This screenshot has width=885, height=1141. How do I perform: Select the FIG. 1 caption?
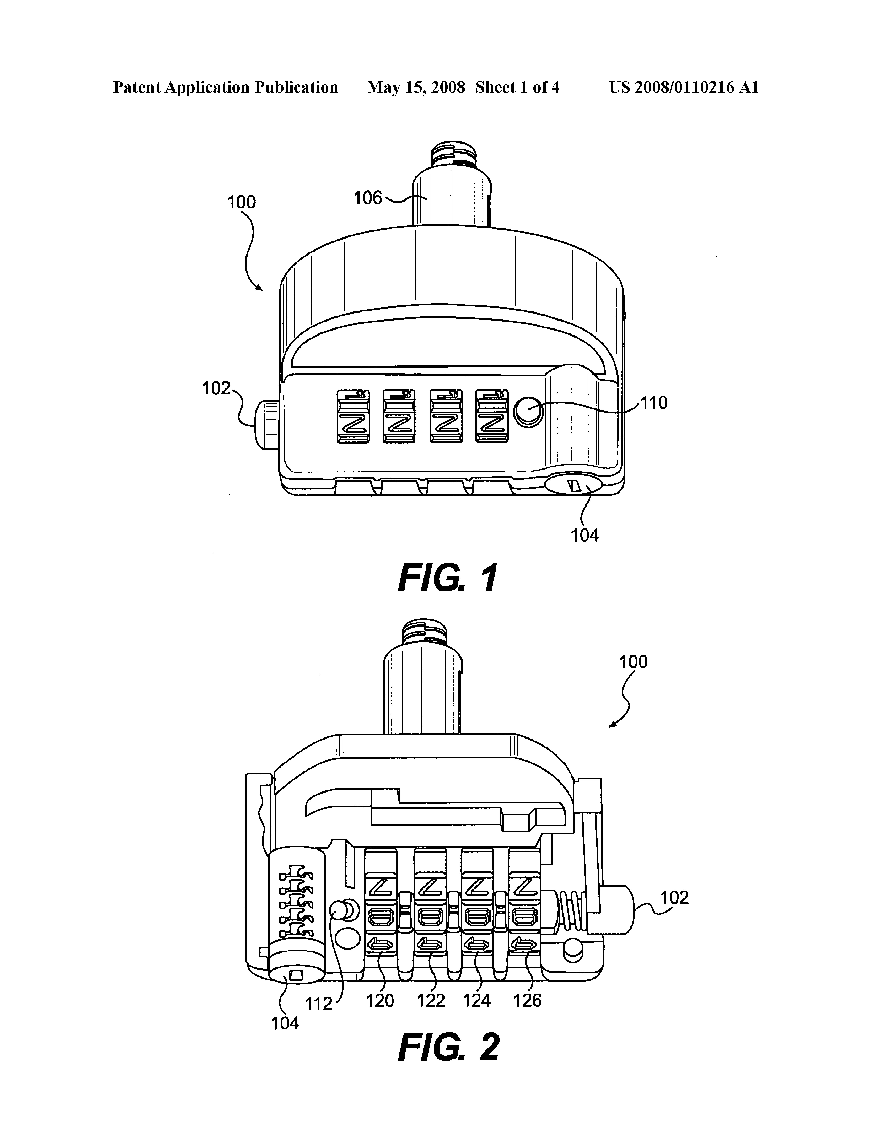[448, 578]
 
